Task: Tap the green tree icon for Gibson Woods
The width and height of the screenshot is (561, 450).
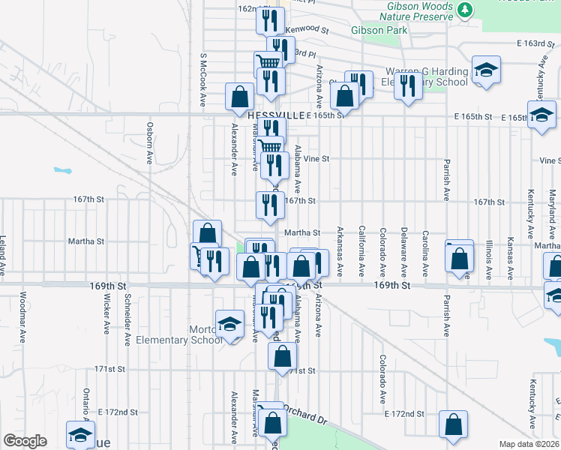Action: coord(466,10)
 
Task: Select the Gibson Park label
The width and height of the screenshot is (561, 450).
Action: coord(379,31)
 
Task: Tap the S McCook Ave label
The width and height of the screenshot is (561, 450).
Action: coord(202,79)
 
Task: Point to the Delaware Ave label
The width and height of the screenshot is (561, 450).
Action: coord(403,249)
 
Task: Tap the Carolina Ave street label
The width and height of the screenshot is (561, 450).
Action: coord(424,249)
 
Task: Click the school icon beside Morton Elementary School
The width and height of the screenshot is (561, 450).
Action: coord(229,324)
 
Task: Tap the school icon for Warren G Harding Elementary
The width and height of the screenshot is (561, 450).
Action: coord(486,70)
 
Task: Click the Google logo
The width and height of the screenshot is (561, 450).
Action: coord(25,441)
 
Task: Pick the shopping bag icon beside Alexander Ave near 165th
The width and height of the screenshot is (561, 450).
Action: coord(240,96)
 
